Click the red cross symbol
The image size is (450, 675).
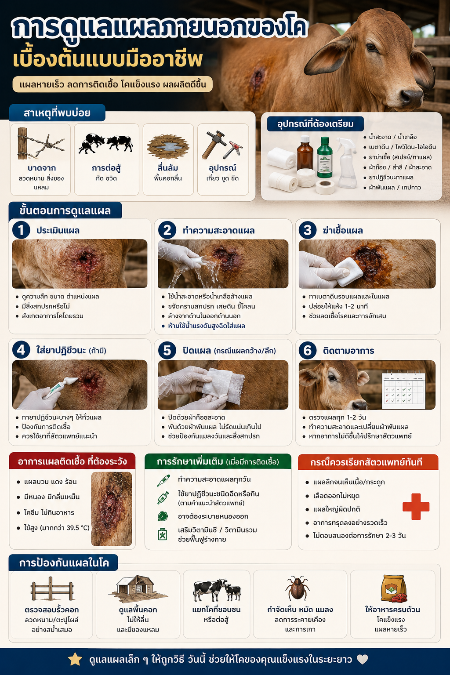click(416, 507)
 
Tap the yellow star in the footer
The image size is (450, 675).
click(75, 659)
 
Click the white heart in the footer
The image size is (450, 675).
click(362, 659)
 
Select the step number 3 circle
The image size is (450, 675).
click(308, 230)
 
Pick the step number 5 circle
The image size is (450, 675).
click(167, 350)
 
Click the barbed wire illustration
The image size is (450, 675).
click(40, 144)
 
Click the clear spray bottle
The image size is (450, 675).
click(347, 162)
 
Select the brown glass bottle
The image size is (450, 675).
click(305, 152)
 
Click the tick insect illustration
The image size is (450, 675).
click(298, 588)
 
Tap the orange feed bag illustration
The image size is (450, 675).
click(393, 589)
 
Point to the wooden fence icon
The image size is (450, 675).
click(52, 588)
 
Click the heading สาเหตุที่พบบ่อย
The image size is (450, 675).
click(57, 113)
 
